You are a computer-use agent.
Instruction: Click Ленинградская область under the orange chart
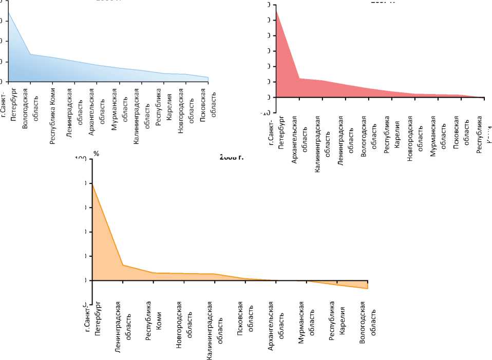click(x=123, y=329)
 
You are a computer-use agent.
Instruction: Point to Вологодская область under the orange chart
click(x=368, y=321)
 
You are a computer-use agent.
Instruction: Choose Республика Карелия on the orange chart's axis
click(x=337, y=320)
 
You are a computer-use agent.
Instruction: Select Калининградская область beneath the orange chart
click(x=215, y=331)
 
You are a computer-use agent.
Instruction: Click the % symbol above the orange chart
click(x=96, y=154)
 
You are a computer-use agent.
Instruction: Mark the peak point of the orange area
click(x=92, y=183)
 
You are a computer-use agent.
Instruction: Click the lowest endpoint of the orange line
click(x=368, y=289)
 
